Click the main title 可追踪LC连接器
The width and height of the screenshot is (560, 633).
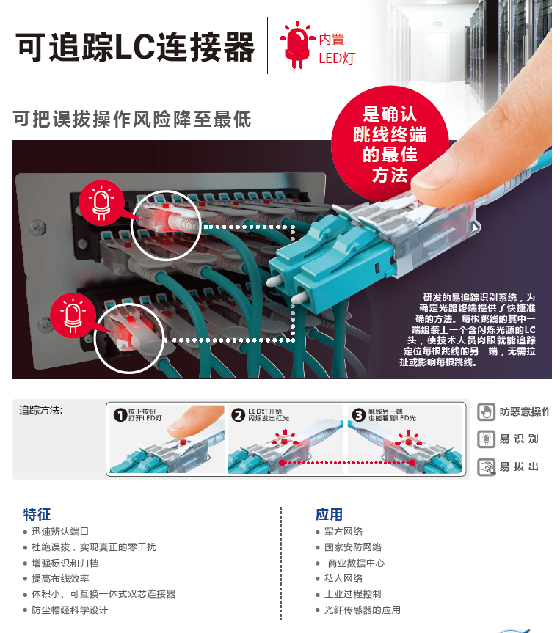135,47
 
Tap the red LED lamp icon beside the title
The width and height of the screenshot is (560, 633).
297,45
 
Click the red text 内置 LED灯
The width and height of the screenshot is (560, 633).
337,49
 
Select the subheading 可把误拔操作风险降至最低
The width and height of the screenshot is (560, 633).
132,119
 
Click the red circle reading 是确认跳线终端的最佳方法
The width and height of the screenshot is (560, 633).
390,144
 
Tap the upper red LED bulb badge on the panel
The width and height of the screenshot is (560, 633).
101,202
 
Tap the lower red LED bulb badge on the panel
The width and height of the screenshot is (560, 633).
73,315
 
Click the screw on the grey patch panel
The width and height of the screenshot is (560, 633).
37,228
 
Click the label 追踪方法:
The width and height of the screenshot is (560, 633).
40,411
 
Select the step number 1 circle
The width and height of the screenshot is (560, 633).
120,414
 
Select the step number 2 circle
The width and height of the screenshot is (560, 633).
239,414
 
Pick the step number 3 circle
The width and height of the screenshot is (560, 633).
358,414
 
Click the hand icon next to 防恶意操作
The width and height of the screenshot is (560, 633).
486,411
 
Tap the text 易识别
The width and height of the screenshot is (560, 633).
519,439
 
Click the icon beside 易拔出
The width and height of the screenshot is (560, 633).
486,467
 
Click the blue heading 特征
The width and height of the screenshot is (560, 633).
37,514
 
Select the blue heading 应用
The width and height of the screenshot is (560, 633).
329,514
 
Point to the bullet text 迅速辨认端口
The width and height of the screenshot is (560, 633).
60,532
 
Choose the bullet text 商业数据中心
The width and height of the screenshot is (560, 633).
356,563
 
